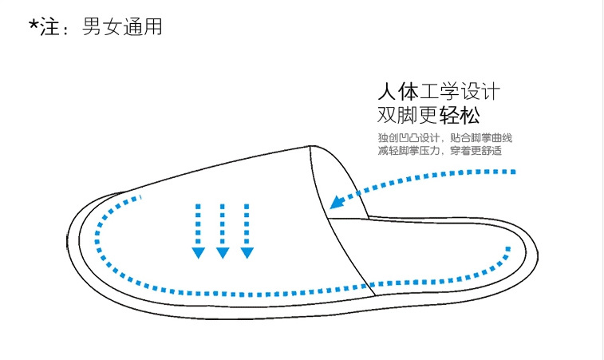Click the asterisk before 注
click(34, 24)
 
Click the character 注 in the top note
click(51, 27)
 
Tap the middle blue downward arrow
click(223, 231)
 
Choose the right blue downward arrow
click(247, 231)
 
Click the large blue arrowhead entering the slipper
click(338, 201)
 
